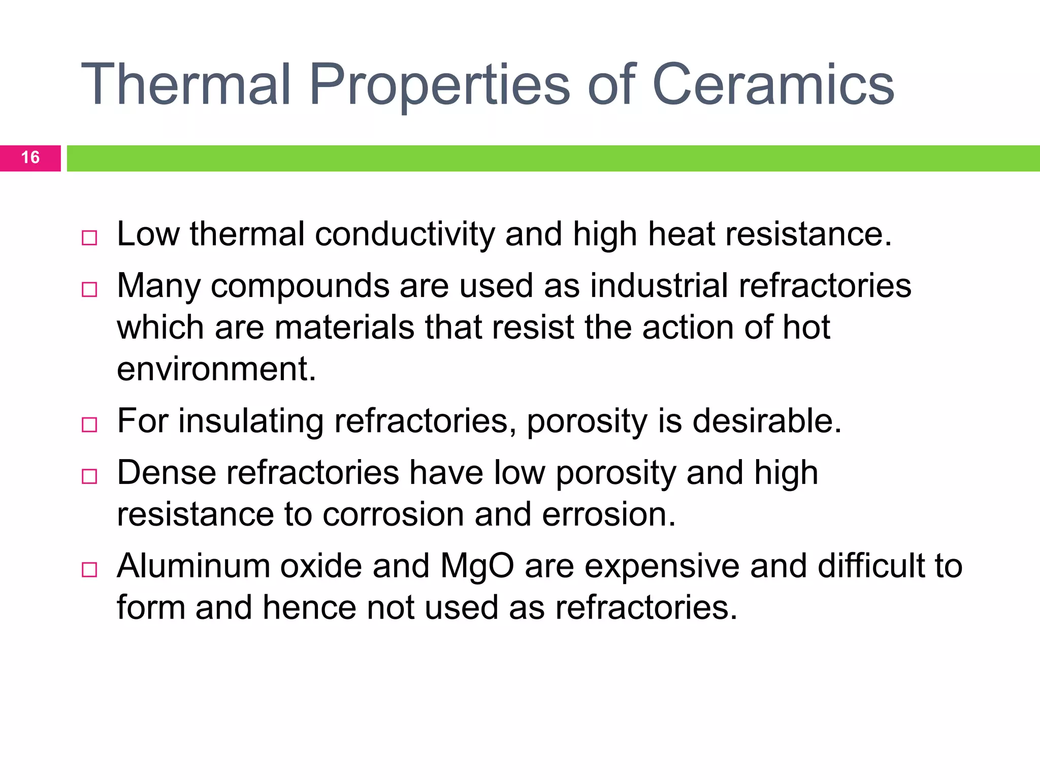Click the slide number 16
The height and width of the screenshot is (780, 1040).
[x=30, y=158]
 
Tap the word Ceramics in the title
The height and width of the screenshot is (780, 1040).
[x=773, y=84]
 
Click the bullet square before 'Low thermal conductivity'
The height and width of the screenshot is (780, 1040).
[x=89, y=238]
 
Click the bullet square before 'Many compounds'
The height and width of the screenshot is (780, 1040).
[x=89, y=289]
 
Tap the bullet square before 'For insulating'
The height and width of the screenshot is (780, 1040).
[x=89, y=425]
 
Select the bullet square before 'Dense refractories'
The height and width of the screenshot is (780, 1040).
[x=89, y=476]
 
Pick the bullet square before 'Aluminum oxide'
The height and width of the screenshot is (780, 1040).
[x=89, y=569]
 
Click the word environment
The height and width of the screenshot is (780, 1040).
[x=216, y=370]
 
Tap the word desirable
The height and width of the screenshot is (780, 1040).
[x=767, y=421]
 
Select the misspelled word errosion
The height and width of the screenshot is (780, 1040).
[x=609, y=515]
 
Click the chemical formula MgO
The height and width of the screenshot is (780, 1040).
[x=477, y=566]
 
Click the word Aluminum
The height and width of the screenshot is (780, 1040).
[x=193, y=566]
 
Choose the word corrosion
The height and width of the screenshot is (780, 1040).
[x=393, y=515]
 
